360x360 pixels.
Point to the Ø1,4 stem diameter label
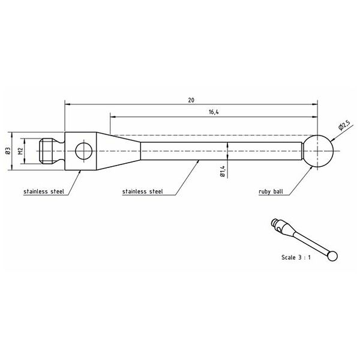[222, 172]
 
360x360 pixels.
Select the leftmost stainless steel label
[44, 193]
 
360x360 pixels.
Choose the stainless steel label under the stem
[142, 193]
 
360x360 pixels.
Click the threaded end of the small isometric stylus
[277, 223]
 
